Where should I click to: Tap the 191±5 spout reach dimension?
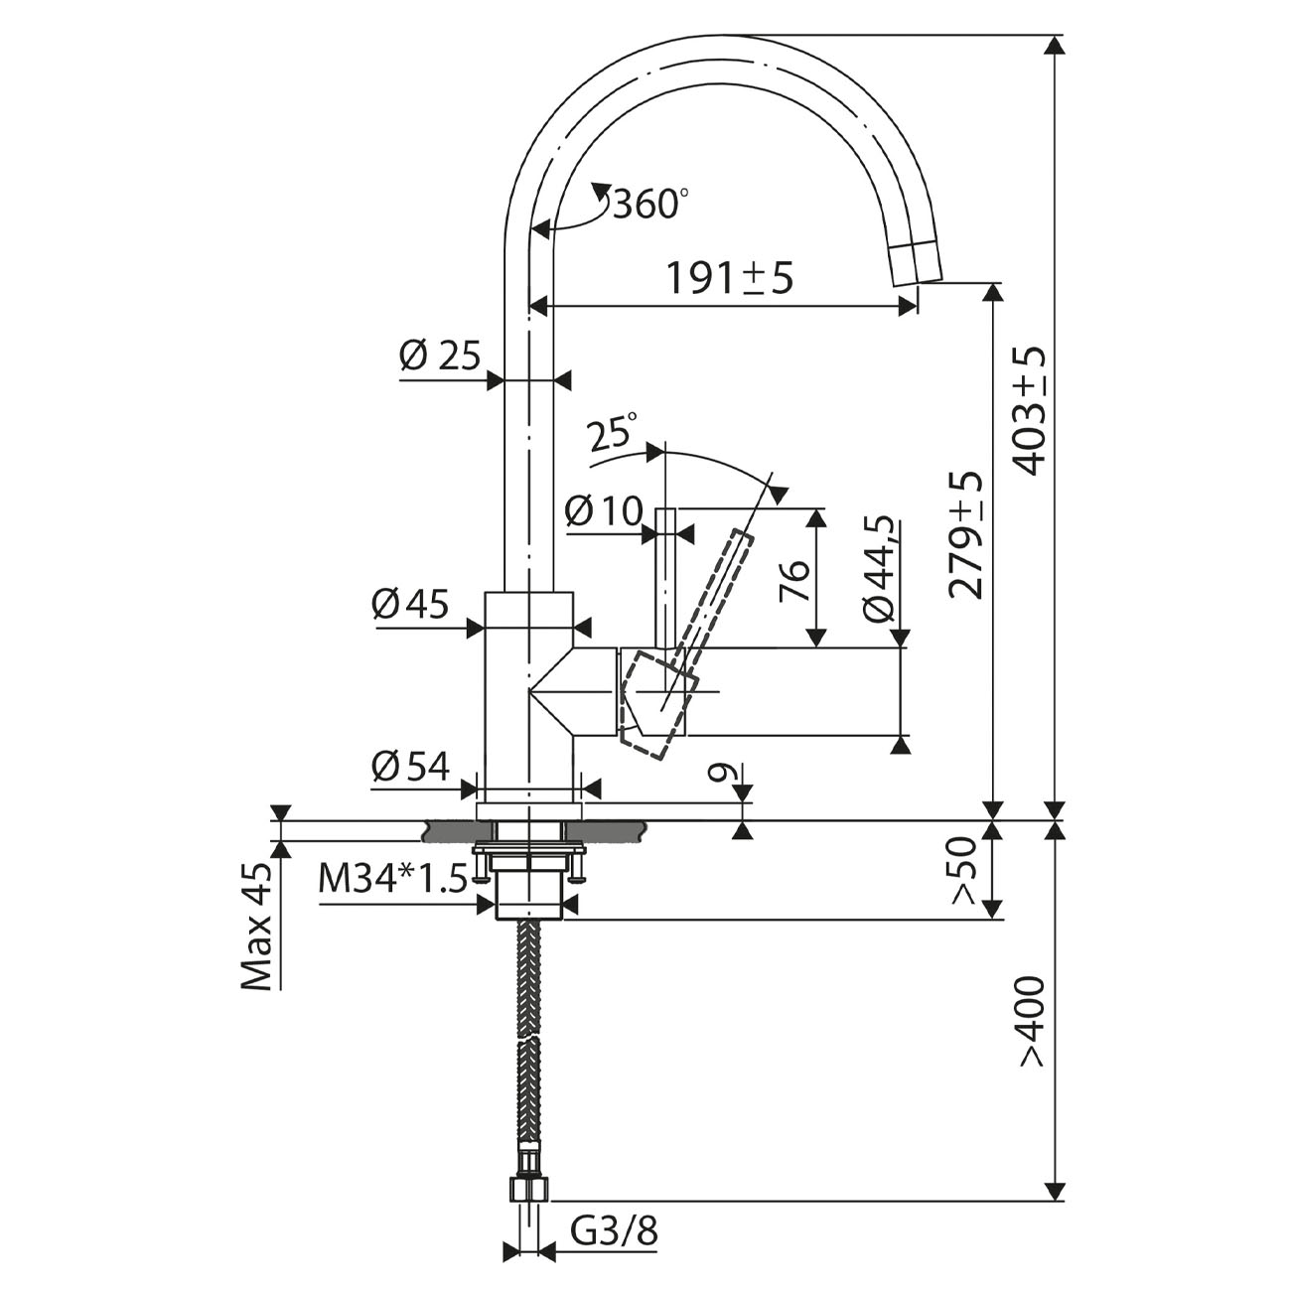click(730, 279)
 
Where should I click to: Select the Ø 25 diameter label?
click(440, 356)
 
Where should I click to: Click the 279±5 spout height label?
click(965, 534)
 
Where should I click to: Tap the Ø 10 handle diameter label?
click(604, 511)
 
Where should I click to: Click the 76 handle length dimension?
click(794, 580)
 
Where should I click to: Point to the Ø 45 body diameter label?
click(410, 605)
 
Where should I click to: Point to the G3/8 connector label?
click(615, 1230)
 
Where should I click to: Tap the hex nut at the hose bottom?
click(529, 1190)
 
